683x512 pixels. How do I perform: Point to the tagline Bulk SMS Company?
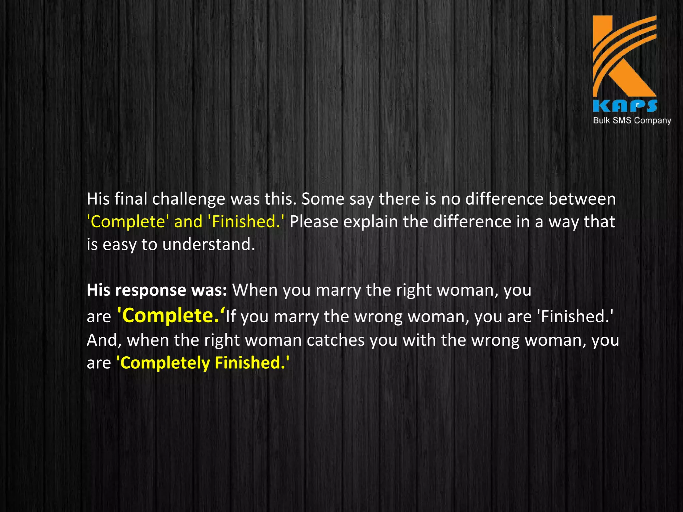click(632, 120)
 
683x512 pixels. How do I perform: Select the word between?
click(582, 199)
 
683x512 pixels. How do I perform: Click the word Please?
click(314, 222)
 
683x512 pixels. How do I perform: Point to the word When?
click(255, 290)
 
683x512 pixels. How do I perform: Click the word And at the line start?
click(104, 340)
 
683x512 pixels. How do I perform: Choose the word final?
click(131, 199)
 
